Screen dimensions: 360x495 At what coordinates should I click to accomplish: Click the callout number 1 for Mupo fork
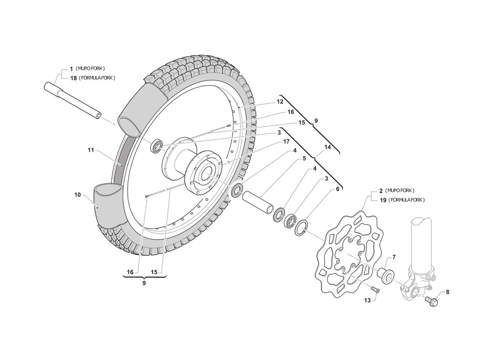[x=71, y=68]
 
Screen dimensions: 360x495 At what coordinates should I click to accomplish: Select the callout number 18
[x=72, y=78]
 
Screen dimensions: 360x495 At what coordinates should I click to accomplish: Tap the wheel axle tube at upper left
[x=72, y=99]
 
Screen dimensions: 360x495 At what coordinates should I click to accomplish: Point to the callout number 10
[x=77, y=195]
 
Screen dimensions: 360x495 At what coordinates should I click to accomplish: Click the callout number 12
[x=279, y=102]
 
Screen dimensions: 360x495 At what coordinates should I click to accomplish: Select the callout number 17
[x=286, y=141]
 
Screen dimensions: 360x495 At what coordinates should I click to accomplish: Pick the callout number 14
[x=327, y=147]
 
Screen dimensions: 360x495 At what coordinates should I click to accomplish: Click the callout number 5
[x=304, y=158]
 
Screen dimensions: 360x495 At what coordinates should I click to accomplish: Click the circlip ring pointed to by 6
[x=302, y=228]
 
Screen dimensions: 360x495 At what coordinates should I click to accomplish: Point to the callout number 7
[x=394, y=257]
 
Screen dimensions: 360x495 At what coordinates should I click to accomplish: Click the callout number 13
[x=367, y=300]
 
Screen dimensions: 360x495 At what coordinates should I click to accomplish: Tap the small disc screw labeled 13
[x=376, y=290]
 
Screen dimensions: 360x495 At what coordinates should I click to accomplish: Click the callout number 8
[x=447, y=292]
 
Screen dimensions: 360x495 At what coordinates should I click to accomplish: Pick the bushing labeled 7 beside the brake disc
[x=386, y=274]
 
